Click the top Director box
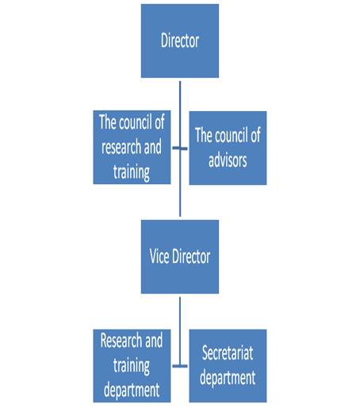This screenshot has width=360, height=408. pos(180,40)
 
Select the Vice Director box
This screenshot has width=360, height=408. pos(180,256)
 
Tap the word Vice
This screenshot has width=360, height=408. pos(159,256)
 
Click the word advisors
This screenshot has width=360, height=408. pos(228,160)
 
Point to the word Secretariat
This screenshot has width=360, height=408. pos(228,352)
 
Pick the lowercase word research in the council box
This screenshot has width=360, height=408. pos(118,147)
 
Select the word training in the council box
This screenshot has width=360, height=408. pos(132,172)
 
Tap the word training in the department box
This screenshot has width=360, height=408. pos(132,366)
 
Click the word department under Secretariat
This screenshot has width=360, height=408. pos(228,378)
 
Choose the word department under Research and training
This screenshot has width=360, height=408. pos(132,390)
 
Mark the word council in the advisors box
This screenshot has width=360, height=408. pos(232,135)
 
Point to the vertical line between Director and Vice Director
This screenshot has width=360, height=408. pos(180,148)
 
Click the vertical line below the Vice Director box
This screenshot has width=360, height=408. pos(180,332)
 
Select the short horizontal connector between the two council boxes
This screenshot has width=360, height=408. pos(180,148)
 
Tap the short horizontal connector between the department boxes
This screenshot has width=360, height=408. pos(180,366)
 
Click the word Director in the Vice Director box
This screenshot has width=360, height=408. pos(191,256)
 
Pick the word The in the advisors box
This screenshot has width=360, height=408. pos(204,135)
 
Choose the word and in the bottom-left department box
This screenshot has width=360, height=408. pos(154,341)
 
